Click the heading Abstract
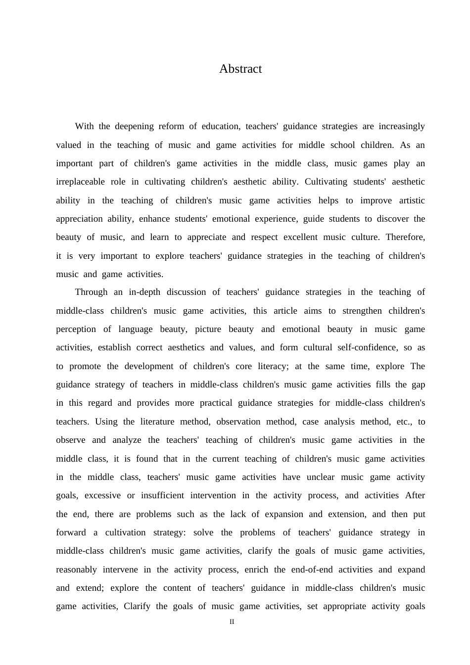(240, 69)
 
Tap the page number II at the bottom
(232, 622)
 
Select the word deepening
(134, 126)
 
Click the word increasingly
(402, 126)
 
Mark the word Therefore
(405, 237)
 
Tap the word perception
(76, 329)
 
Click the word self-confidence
(368, 347)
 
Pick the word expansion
(284, 514)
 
